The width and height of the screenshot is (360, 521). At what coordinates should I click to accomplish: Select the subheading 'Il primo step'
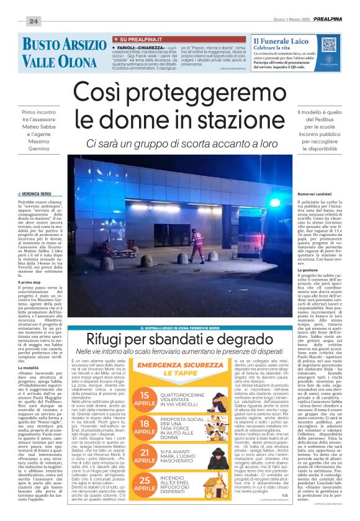pyautogui.click(x=30, y=265)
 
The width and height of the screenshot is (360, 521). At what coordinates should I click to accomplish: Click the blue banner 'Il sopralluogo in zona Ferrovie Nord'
pyautogui.click(x=180, y=328)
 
